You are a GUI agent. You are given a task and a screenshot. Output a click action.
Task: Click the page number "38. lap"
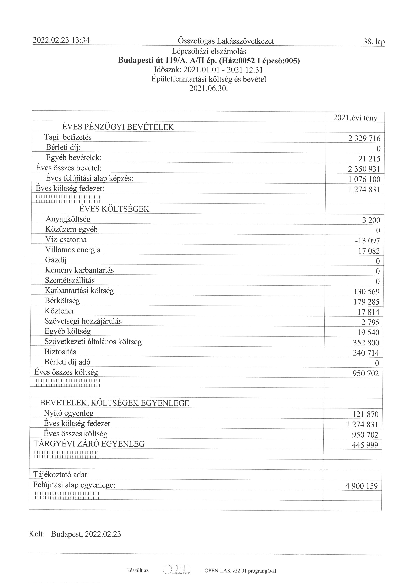pyautogui.click(x=374, y=42)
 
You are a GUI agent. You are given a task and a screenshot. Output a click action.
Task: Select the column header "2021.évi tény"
pyautogui.click(x=355, y=118)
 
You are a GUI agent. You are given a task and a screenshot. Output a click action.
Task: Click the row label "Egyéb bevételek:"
pyautogui.click(x=74, y=158)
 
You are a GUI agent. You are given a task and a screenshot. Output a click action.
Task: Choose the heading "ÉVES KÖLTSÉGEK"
pyautogui.click(x=114, y=209)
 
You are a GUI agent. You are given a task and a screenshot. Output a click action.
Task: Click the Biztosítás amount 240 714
pyautogui.click(x=366, y=353)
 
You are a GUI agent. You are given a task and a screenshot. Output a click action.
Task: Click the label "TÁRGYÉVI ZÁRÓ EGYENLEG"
pyautogui.click(x=89, y=444)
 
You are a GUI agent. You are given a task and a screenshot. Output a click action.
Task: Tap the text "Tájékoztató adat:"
pyautogui.click(x=61, y=475)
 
